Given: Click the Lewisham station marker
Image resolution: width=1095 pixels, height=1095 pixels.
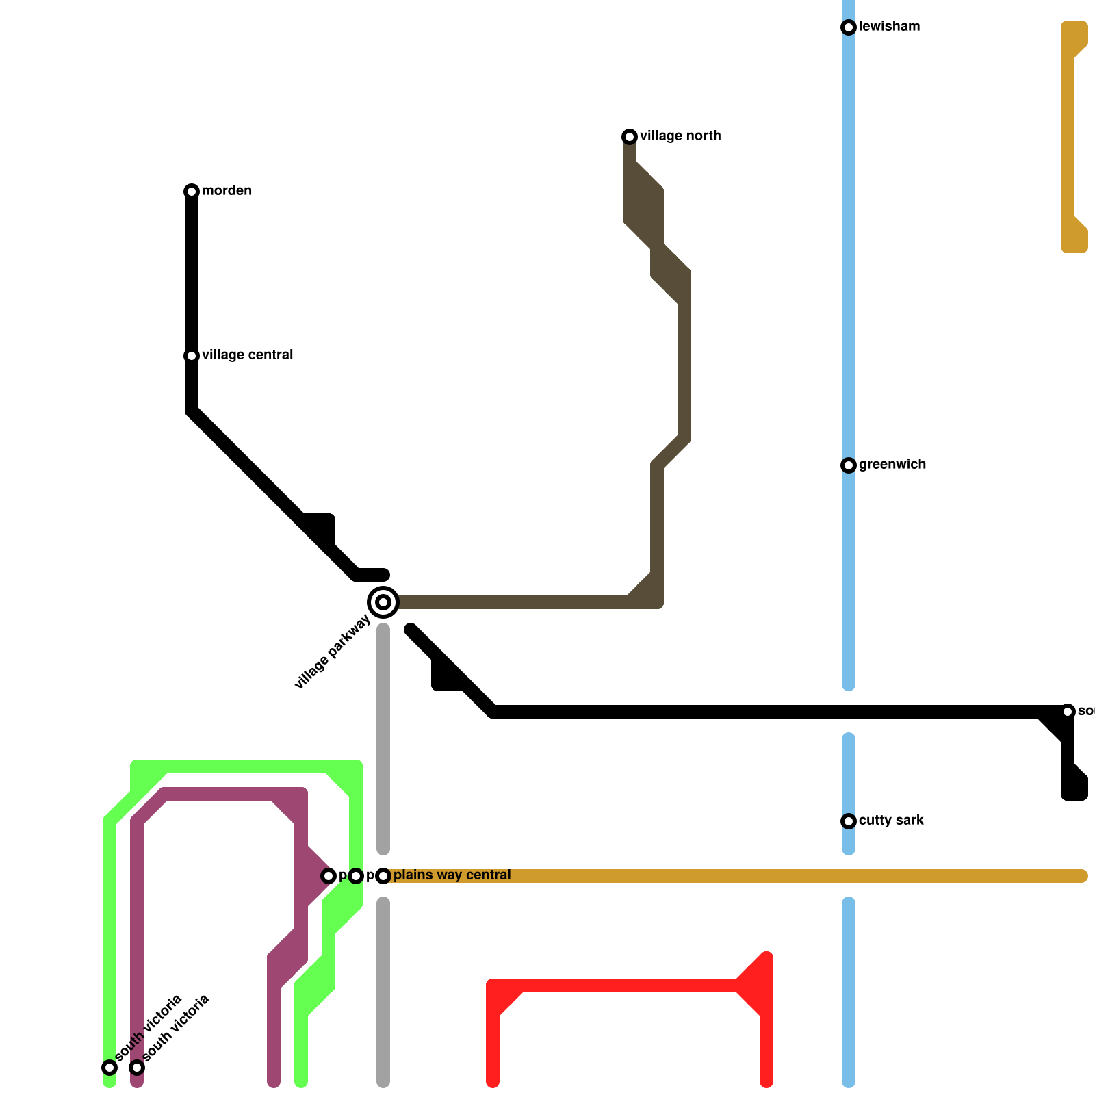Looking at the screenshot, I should pyautogui.click(x=849, y=27).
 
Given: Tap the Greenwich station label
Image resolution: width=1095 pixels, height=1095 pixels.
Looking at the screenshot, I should pyautogui.click(x=892, y=465).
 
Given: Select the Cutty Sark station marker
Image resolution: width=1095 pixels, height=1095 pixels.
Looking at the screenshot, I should pyautogui.click(x=849, y=821).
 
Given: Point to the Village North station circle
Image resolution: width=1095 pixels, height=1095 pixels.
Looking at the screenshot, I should pyautogui.click(x=630, y=137).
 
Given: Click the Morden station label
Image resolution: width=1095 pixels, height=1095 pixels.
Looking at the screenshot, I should pyautogui.click(x=227, y=191).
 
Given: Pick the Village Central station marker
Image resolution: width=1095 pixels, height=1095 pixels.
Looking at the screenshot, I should pyautogui.click(x=192, y=356).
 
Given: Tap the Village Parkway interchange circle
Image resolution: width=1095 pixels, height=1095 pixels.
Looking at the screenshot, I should pyautogui.click(x=383, y=602).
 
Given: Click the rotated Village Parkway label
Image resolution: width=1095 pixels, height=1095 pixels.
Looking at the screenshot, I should pyautogui.click(x=333, y=652).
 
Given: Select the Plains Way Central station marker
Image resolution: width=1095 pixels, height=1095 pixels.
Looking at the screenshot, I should pyautogui.click(x=383, y=876).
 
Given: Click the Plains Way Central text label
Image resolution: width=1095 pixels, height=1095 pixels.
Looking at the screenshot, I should pyautogui.click(x=452, y=875).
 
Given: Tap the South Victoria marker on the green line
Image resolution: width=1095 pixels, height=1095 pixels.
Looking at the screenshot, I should pyautogui.click(x=109, y=1068).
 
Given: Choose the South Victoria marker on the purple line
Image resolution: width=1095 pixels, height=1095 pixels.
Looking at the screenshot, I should pyautogui.click(x=137, y=1068).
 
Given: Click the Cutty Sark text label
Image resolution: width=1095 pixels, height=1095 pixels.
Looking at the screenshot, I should pyautogui.click(x=891, y=821).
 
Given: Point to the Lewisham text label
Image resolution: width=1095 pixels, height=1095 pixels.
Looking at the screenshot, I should pyautogui.click(x=889, y=27).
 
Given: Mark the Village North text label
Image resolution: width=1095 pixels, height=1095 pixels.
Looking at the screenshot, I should pyautogui.click(x=680, y=136).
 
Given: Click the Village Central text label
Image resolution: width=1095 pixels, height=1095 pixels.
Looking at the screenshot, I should pyautogui.click(x=247, y=355).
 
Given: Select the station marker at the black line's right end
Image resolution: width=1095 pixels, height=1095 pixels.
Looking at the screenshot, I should pyautogui.click(x=1068, y=712).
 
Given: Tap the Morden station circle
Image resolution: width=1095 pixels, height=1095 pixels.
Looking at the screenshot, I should pyautogui.click(x=192, y=192).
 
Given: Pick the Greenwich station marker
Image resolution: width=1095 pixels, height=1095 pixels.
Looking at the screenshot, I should pyautogui.click(x=849, y=465).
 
